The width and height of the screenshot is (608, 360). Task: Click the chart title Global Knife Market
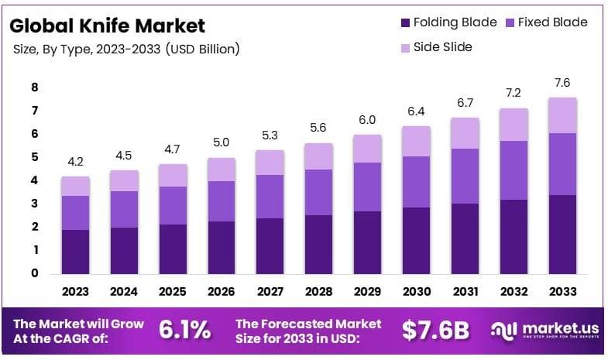(x=107, y=25)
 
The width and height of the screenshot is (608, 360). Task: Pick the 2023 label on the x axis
(x=76, y=292)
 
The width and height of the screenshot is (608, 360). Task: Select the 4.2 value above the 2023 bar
(x=76, y=163)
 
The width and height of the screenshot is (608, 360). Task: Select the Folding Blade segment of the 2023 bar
(x=76, y=252)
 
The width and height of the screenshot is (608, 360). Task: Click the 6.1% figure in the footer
(x=184, y=331)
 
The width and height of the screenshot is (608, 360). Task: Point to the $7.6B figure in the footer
(x=435, y=331)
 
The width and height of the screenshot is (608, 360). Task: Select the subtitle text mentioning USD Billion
(x=126, y=49)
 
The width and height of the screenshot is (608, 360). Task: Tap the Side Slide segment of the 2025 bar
(x=172, y=175)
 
